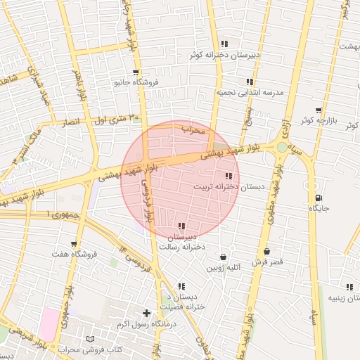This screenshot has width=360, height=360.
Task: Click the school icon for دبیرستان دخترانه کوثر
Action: point(224,44)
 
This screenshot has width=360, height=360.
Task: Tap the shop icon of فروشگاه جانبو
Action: point(135,72)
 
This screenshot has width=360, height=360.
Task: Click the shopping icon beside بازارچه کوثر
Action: point(319,110)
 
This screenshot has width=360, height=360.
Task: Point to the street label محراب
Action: point(193,130)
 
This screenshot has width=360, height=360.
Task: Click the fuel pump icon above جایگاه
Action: point(320,198)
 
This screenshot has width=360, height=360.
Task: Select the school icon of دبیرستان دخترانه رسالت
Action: point(181,226)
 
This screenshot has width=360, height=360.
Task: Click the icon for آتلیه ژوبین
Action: point(223,257)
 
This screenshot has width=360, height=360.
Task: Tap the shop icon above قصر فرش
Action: point(266,252)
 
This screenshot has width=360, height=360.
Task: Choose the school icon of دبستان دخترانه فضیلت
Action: point(181,286)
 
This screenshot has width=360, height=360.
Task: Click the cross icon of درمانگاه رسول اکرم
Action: point(146,313)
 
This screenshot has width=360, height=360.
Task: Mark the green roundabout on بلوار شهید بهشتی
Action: point(282,147)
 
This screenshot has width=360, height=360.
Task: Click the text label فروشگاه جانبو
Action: point(137,82)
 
